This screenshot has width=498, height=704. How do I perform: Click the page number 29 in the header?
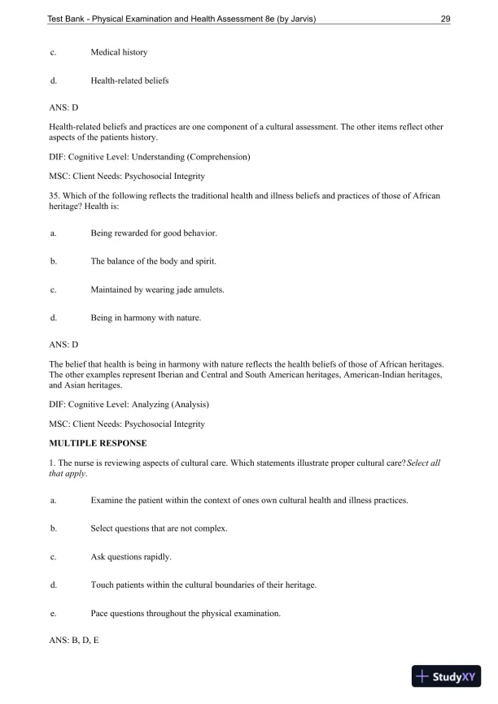(445, 20)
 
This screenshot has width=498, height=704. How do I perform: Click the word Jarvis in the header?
(294, 20)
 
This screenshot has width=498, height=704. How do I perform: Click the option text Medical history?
(119, 53)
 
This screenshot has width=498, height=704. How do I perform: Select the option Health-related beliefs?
(129, 80)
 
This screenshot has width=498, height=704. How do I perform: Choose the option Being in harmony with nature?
(145, 317)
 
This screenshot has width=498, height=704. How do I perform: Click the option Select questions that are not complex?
(159, 528)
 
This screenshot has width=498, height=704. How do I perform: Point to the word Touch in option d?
(102, 585)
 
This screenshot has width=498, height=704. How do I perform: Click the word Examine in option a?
(106, 501)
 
